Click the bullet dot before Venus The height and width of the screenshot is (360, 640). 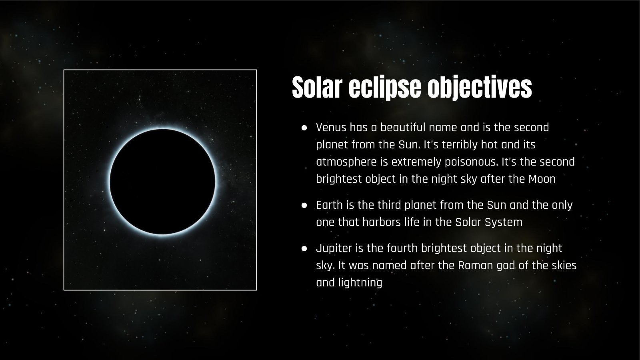304,128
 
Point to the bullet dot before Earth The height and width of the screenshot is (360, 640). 304,205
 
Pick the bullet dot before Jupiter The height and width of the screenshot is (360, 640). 304,248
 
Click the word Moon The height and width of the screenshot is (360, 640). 542,179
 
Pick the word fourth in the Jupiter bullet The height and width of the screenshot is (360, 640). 404,248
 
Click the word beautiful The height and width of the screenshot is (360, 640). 403,128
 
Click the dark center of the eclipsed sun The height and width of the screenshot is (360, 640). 162,181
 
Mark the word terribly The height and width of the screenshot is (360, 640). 458,144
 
